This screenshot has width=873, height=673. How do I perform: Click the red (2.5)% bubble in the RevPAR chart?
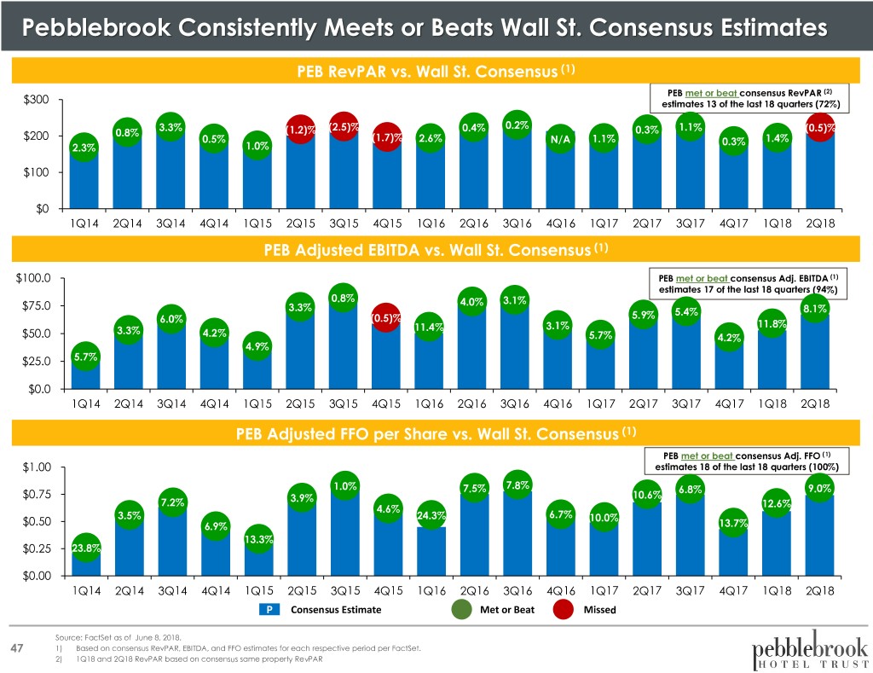pyautogui.click(x=343, y=127)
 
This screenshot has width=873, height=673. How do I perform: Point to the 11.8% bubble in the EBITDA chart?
pyautogui.click(x=772, y=323)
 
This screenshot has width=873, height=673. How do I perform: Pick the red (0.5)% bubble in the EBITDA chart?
pyautogui.click(x=387, y=319)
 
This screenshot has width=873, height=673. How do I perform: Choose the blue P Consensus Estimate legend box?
pyautogui.click(x=269, y=610)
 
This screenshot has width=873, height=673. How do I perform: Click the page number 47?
pyautogui.click(x=17, y=650)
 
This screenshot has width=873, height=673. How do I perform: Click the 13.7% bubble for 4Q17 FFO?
pyautogui.click(x=733, y=523)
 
